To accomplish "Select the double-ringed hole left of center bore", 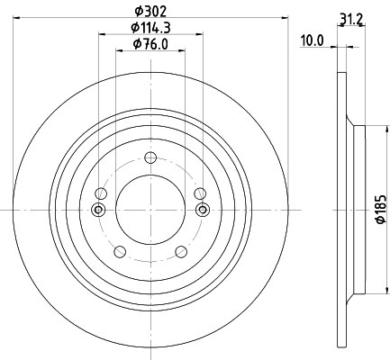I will click(99, 210).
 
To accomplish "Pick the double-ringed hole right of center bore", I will click(202, 210).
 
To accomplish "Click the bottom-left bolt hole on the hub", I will click(120, 251).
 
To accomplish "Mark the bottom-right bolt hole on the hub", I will click(181, 251).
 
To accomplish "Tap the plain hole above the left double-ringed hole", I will click(101, 193).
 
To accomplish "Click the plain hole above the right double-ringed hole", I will click(200, 193).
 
